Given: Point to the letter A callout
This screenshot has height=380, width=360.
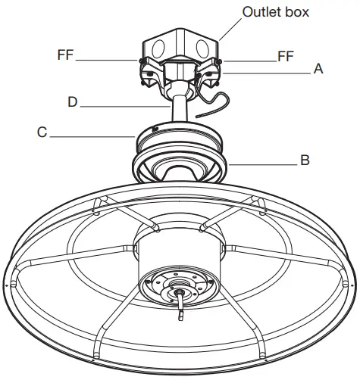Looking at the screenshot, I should (x=318, y=69).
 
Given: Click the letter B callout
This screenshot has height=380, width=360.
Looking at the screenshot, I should (x=304, y=160).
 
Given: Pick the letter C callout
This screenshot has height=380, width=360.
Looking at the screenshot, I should (x=42, y=132).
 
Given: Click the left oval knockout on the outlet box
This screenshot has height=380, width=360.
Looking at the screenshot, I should (x=156, y=47).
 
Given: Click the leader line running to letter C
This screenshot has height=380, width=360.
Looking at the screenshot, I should (x=91, y=135).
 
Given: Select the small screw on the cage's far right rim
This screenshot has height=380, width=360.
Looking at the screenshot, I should (x=351, y=285).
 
